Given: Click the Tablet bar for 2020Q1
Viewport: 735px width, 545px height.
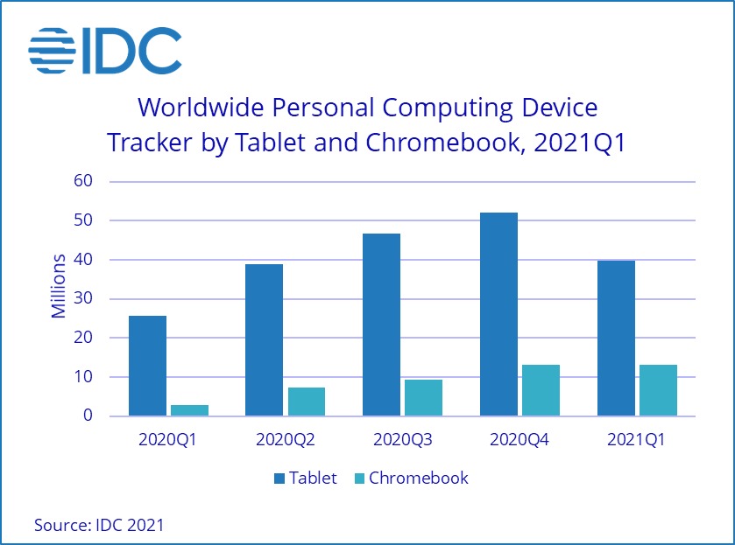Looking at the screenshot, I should [147, 366].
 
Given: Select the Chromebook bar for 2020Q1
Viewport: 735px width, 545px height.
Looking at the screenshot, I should [189, 410].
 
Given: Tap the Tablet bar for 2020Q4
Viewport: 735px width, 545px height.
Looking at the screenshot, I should [498, 314].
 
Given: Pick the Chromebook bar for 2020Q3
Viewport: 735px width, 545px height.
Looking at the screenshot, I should [423, 398].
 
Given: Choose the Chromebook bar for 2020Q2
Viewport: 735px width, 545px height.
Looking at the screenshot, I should [307, 402].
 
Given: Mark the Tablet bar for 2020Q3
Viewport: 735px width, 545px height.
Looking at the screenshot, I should [381, 325].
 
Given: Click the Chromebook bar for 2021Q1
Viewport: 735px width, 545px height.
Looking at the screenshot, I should [658, 390].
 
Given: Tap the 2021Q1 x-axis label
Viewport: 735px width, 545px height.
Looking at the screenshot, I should [636, 440].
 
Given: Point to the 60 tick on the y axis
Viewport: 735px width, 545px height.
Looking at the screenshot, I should [83, 182].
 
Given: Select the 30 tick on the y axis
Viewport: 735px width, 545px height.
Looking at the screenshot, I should [83, 299].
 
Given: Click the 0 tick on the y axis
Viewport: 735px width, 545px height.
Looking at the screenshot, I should [88, 416].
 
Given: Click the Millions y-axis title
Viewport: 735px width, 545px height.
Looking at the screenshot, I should [59, 286].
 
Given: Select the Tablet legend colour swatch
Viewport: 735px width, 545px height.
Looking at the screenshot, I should [279, 479].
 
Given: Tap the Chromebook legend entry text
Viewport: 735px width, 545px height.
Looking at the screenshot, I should [419, 479].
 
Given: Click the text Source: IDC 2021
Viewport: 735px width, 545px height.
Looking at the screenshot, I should [99, 525].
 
